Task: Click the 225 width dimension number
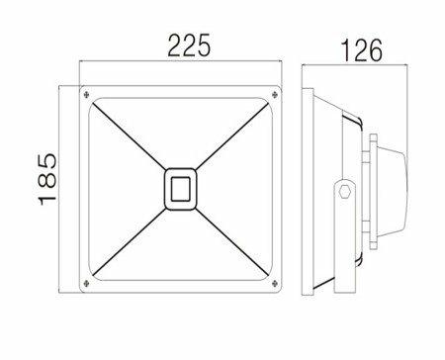(x=189, y=45)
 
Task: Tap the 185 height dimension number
(x=47, y=179)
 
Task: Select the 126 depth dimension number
(x=361, y=50)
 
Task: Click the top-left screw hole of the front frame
(x=86, y=95)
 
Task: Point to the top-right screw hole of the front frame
(x=275, y=95)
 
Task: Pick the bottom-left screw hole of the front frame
(x=86, y=283)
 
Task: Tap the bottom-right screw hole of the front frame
(x=275, y=283)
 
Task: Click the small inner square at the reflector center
(x=180, y=189)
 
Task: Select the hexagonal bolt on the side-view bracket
(x=345, y=191)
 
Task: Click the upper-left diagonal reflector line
(x=130, y=136)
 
